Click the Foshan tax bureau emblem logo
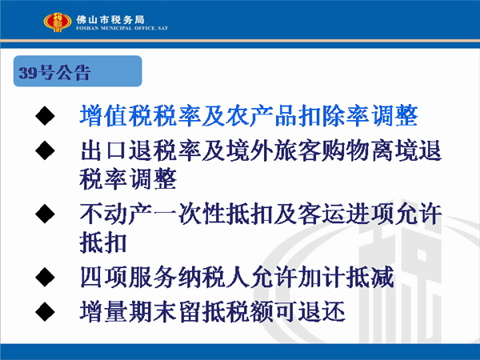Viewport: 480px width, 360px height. click(x=58, y=22)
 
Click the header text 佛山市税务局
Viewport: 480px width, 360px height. click(x=110, y=20)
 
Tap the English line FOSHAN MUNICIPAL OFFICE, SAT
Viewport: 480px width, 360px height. click(x=122, y=28)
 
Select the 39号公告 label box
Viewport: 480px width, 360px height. click(x=78, y=71)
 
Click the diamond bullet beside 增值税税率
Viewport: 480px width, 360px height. click(x=45, y=116)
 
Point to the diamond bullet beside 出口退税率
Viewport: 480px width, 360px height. click(x=45, y=150)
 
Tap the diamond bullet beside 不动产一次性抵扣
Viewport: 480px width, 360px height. click(x=45, y=214)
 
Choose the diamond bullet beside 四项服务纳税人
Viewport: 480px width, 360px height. click(x=45, y=277)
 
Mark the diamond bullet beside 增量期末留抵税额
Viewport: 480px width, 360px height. click(x=45, y=312)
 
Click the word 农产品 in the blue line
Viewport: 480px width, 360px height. click(x=262, y=116)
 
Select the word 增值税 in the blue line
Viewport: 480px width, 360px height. click(x=116, y=116)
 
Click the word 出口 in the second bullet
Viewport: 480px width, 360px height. click(x=103, y=150)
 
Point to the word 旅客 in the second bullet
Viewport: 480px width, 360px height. click(x=298, y=150)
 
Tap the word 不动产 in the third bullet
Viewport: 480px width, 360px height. click(x=116, y=214)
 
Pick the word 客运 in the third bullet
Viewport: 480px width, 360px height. click(x=322, y=214)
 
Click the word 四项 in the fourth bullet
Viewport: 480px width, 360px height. click(x=104, y=277)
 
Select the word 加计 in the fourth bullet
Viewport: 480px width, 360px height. click(x=322, y=277)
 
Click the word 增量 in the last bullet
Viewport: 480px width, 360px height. click(x=104, y=312)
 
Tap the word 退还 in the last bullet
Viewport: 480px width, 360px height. click(x=322, y=312)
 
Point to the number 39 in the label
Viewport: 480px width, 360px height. click(x=28, y=73)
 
